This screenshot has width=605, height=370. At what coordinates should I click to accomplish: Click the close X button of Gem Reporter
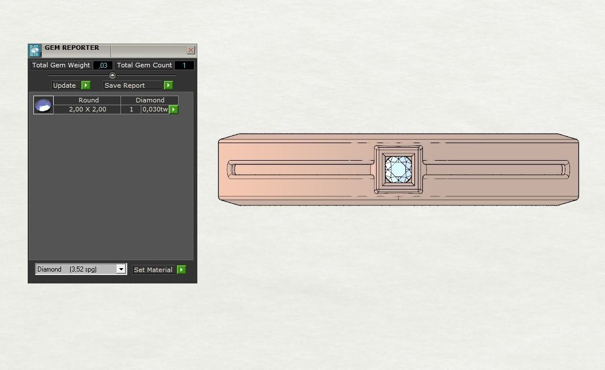point(191,50)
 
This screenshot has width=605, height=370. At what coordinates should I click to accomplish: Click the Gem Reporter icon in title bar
point(34,50)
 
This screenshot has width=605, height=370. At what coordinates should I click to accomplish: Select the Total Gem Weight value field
point(103,66)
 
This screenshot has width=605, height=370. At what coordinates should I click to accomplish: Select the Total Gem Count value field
point(184,66)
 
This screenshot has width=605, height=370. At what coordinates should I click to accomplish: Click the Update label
point(64,85)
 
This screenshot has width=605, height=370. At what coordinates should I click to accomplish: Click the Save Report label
point(125,85)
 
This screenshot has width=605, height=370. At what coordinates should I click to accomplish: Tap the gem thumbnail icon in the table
point(44,105)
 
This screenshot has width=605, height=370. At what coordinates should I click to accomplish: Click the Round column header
point(88,100)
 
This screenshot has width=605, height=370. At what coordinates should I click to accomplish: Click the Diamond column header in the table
point(150,100)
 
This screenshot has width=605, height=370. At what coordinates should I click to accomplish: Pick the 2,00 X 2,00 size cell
point(88,109)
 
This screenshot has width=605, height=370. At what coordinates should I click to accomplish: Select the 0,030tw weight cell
point(154,109)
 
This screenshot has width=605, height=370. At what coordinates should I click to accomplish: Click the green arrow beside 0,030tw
point(174,109)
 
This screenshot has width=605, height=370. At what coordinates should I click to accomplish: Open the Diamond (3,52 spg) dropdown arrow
point(121,269)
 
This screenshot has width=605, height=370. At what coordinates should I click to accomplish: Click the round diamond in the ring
point(399,169)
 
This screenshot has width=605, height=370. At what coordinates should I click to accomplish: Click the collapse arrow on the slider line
point(112,75)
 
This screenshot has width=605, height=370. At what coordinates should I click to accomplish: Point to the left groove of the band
point(300,169)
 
